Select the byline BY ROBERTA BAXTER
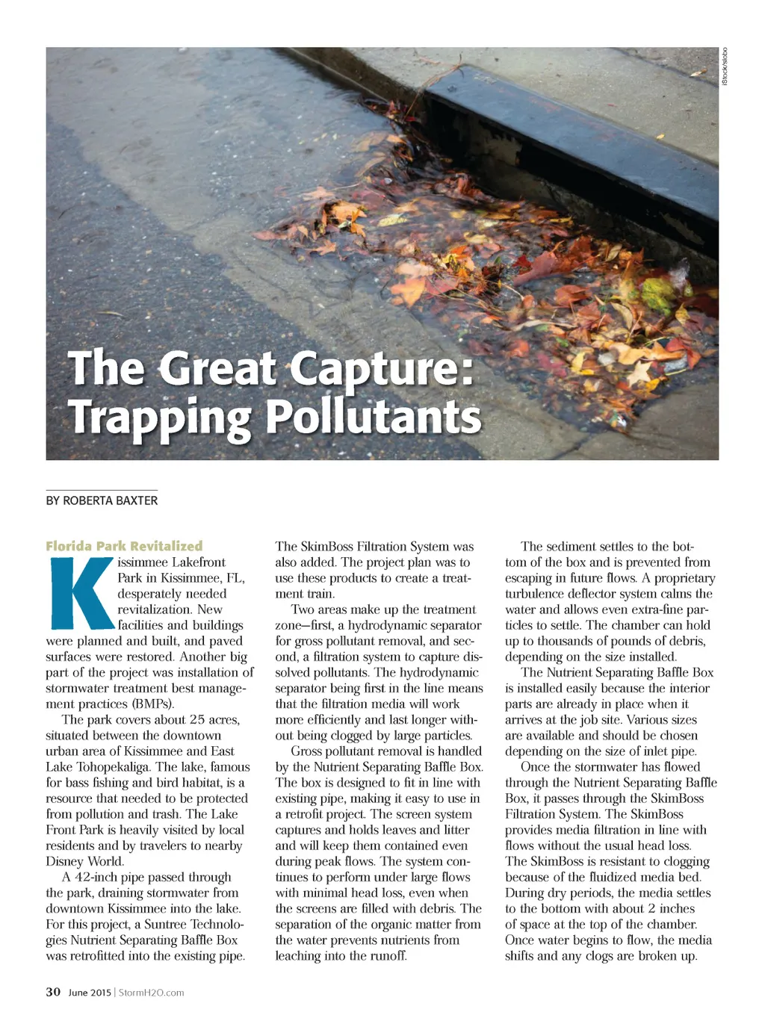[102, 500]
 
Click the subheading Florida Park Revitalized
[124, 546]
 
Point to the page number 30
[53, 992]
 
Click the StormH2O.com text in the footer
[151, 993]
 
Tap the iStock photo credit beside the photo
[724, 66]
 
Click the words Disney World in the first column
[85, 861]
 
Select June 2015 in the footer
[90, 993]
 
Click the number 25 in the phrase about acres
[196, 719]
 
